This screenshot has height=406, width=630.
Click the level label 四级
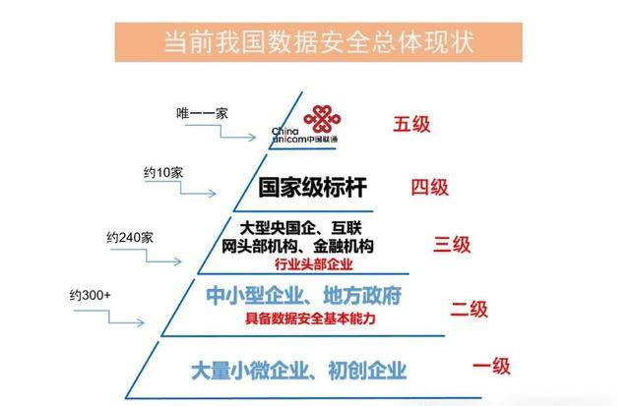point(429,187)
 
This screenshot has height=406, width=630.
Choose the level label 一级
point(491,367)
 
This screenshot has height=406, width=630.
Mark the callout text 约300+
point(91,295)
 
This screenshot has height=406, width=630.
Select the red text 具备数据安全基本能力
point(310,320)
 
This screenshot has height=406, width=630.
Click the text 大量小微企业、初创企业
point(298,370)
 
